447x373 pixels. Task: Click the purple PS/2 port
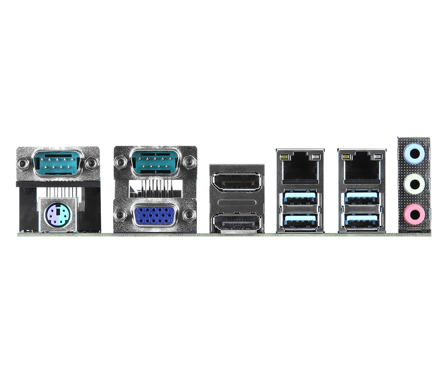[x=57, y=216]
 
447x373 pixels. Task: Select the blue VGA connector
[x=155, y=216]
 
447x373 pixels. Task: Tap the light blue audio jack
[x=414, y=152]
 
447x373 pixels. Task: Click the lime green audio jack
[x=414, y=184]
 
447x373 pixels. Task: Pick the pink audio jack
[x=414, y=214]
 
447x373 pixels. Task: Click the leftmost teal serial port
[x=57, y=163]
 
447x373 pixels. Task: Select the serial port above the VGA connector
[x=155, y=162]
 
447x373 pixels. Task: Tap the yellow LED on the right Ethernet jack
[x=346, y=156]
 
